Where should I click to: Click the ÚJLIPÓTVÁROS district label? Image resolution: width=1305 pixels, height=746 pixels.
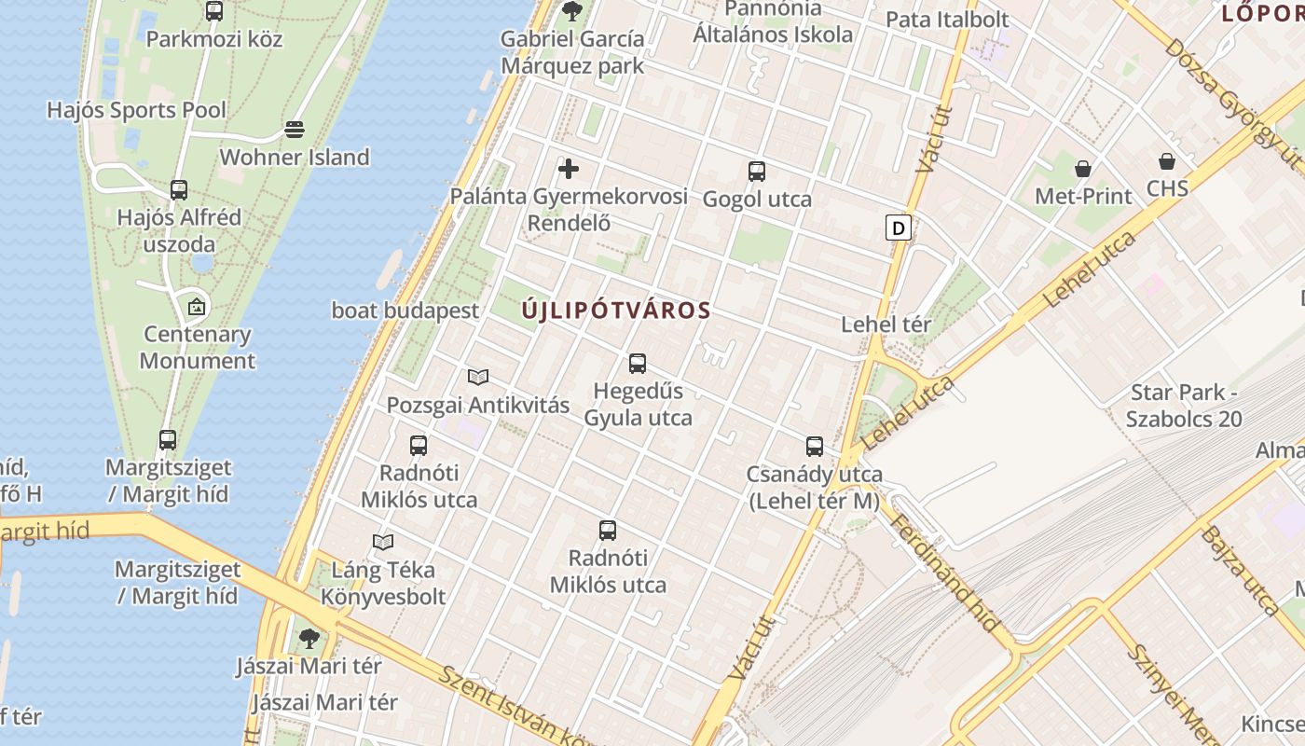point(616,311)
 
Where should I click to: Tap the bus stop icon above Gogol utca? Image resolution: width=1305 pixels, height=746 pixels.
point(756,172)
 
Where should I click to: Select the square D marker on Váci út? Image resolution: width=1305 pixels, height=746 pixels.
point(898,228)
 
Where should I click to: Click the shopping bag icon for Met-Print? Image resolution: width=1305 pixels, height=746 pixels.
point(1083,169)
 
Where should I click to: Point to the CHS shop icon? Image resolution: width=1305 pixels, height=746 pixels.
point(1167,161)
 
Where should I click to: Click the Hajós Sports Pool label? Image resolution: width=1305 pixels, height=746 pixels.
point(136,110)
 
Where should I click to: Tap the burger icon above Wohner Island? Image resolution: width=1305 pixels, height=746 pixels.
point(295,129)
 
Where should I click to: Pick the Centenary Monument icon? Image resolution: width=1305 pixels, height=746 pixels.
point(197,306)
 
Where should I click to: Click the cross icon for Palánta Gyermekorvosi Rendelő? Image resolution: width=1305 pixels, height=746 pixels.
point(569,169)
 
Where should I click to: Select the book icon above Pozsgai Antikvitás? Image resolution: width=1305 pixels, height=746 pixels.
point(478,378)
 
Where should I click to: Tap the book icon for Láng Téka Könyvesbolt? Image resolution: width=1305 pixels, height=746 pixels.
point(383,542)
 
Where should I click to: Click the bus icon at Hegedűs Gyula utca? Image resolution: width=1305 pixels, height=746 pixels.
point(638,364)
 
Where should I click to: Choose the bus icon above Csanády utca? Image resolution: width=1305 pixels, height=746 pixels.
point(815,447)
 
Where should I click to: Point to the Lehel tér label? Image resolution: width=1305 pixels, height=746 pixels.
point(886,325)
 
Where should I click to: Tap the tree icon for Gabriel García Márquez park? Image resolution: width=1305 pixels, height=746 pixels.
point(571,11)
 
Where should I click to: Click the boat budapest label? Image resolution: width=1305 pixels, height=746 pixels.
point(405,311)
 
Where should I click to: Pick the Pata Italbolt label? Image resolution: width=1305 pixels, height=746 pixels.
point(947,20)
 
